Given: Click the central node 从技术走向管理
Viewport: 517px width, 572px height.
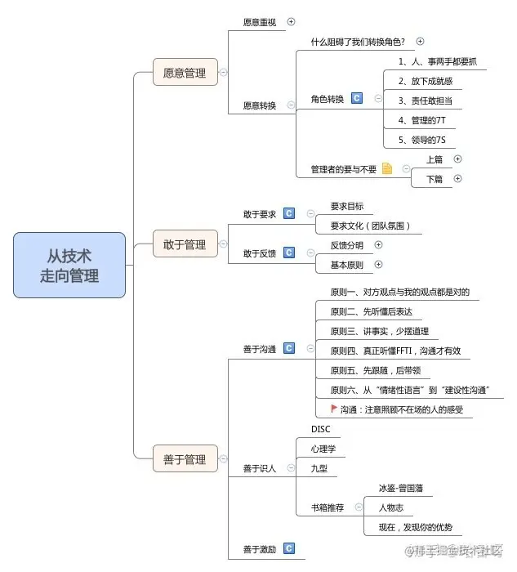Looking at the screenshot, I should [69, 265].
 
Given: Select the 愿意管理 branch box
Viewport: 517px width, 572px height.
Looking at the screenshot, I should [185, 72].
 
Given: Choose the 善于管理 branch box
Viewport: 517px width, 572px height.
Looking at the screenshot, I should [185, 460].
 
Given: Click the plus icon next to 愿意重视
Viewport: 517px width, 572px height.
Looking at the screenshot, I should [292, 21].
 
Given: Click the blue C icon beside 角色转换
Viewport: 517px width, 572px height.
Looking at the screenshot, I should [357, 98].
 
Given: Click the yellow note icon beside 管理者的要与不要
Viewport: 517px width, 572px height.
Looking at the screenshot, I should [387, 168].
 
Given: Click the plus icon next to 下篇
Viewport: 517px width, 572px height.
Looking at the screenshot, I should [457, 178].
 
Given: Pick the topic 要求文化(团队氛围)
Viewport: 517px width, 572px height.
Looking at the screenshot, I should [370, 226].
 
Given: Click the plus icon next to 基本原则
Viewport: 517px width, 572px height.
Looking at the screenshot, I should [378, 264].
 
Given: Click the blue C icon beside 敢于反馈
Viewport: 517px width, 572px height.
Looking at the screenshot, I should [288, 252].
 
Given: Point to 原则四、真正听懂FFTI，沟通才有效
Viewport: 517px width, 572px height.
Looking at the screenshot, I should [395, 351].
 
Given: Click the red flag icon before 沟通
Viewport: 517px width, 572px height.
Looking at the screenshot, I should [334, 409].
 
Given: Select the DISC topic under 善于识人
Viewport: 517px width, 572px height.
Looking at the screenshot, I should [320, 429].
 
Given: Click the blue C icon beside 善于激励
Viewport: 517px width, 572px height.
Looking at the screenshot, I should [288, 548].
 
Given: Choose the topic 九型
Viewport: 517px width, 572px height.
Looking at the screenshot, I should [319, 468].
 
